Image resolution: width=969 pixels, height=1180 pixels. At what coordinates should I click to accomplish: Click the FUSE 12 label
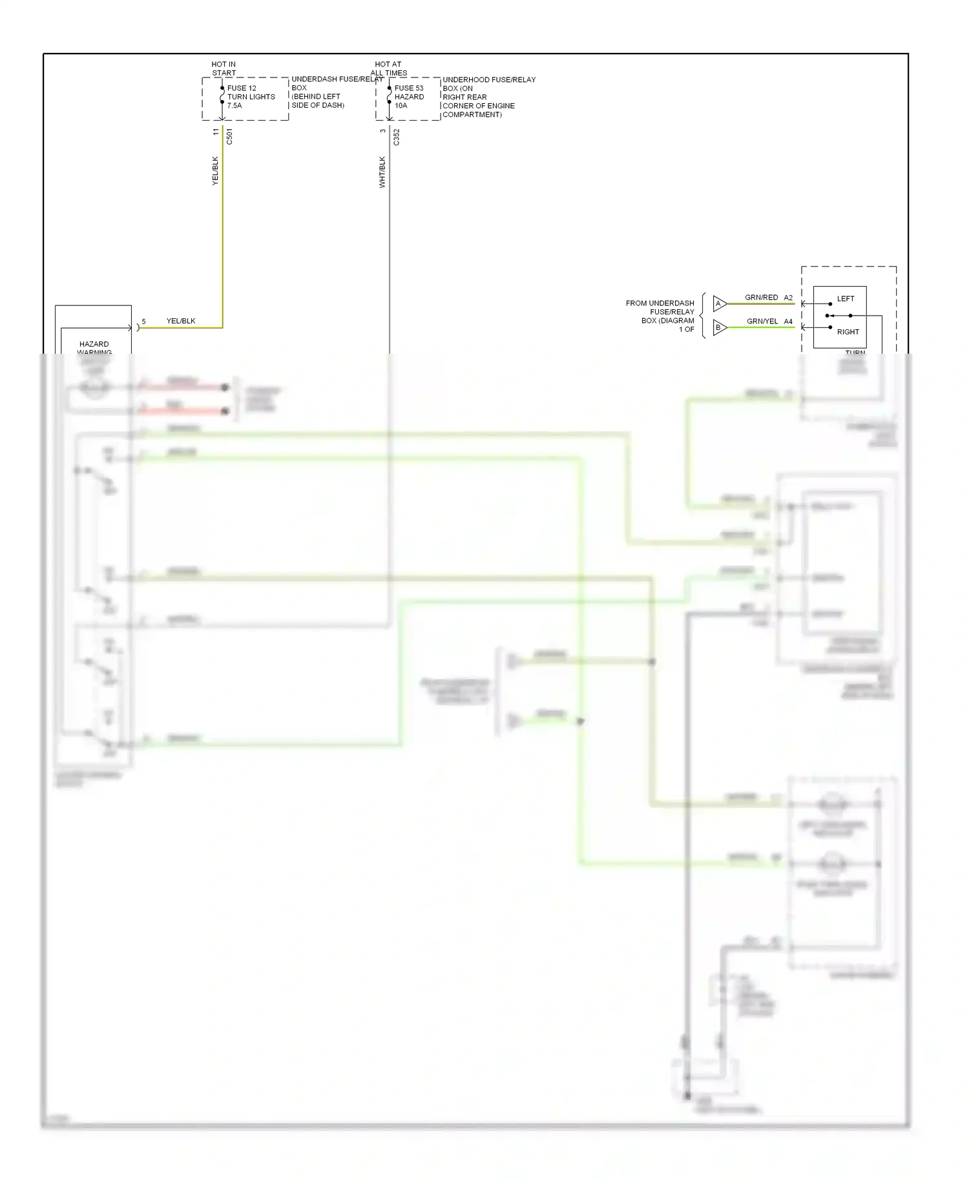point(242,88)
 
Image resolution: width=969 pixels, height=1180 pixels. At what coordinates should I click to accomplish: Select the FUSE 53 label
point(409,88)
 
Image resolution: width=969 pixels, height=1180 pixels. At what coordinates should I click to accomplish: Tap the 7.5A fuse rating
point(234,105)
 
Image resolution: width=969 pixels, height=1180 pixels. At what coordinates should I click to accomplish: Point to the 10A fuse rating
point(401,105)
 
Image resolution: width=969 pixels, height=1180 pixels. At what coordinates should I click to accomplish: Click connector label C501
point(229,136)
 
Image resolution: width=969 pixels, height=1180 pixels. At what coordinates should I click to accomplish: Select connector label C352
point(397,137)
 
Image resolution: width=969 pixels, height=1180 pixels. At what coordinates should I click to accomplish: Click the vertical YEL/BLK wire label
point(216,171)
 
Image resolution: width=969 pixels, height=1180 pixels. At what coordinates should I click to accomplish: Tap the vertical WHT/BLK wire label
point(382,172)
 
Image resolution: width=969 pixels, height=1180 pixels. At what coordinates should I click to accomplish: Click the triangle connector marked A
point(719,303)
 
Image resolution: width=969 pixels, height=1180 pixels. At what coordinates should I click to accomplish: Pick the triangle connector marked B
point(719,327)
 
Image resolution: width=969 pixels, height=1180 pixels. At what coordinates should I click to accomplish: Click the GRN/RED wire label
point(761,298)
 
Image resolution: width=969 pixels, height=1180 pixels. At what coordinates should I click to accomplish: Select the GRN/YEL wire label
point(762,321)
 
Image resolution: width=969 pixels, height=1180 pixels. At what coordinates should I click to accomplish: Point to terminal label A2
point(788,298)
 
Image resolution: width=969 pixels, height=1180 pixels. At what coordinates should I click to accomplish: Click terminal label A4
point(788,321)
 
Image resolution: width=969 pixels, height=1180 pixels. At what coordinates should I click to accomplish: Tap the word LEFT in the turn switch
point(845,299)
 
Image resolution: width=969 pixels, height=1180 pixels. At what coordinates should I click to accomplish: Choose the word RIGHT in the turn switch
point(848,332)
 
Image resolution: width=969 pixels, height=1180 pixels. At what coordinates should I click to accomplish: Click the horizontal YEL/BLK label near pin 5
point(181,321)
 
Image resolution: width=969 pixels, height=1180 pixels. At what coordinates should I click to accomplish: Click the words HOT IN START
point(224,68)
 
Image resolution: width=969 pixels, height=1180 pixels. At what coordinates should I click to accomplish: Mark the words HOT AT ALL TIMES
point(388,68)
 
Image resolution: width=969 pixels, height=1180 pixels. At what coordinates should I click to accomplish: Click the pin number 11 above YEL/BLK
point(216,132)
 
